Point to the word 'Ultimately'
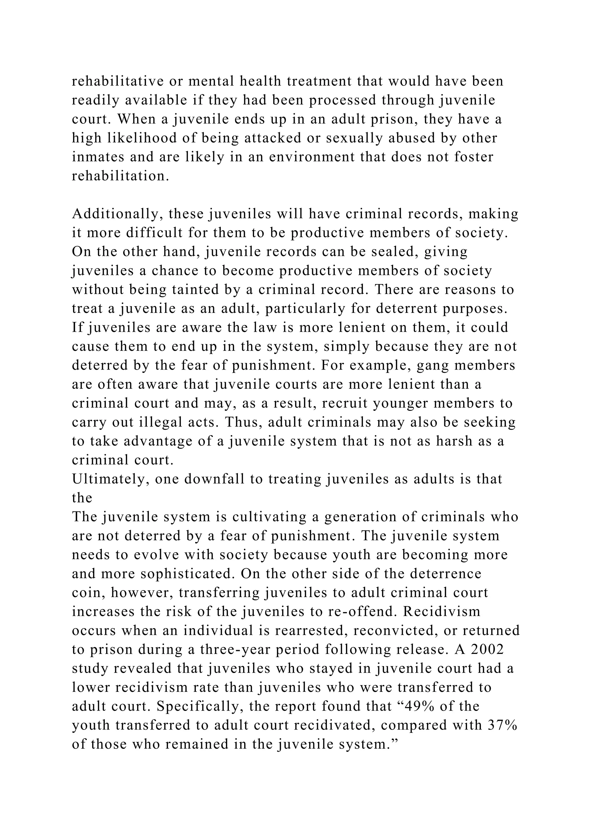[x=111, y=479]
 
